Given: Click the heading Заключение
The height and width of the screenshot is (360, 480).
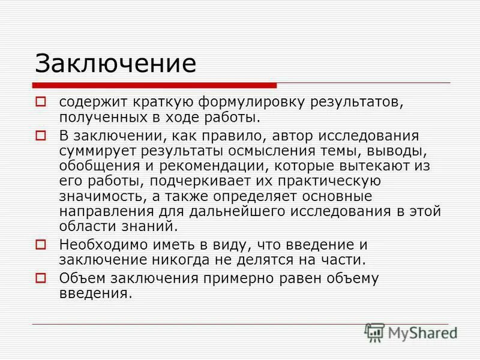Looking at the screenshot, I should [115, 62].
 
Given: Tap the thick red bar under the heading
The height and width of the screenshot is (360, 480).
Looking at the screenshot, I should [155, 86].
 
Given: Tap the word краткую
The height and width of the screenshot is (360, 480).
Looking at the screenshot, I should [157, 102].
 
